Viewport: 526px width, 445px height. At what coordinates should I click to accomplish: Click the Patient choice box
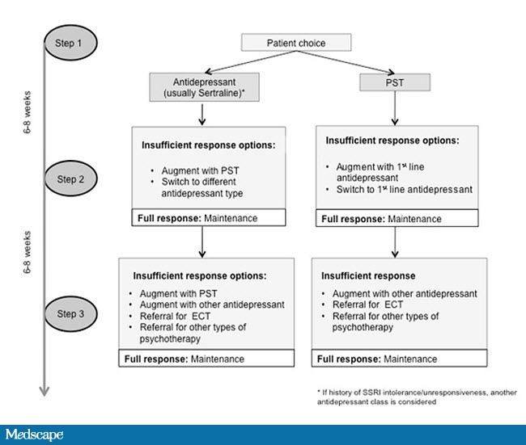[x=297, y=41]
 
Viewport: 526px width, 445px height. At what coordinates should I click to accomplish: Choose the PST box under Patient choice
[x=394, y=82]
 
